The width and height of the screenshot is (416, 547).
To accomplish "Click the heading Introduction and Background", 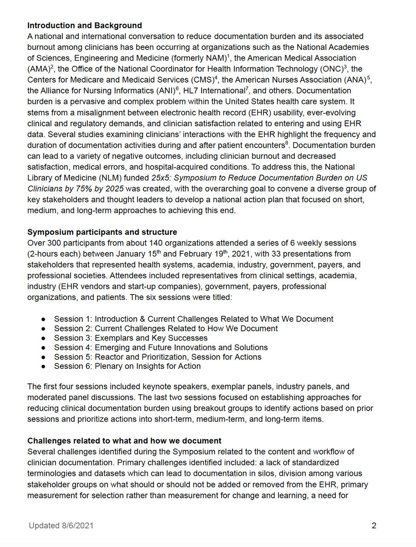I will point(84,26).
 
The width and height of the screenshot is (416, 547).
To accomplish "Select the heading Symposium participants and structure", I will point(102,232).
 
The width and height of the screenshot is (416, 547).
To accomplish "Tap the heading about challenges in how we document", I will point(124,441).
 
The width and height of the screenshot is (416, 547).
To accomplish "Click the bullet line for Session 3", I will point(131,338).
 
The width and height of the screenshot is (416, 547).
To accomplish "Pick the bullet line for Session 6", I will point(127,366).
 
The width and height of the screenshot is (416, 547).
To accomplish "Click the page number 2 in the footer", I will point(374,526).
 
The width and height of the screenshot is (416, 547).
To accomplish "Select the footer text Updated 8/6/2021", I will point(61,526).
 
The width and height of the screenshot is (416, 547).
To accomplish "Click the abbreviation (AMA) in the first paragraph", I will point(39,69).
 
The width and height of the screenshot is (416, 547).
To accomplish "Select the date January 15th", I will point(137,254).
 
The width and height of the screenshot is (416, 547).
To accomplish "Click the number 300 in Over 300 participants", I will point(53,243).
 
